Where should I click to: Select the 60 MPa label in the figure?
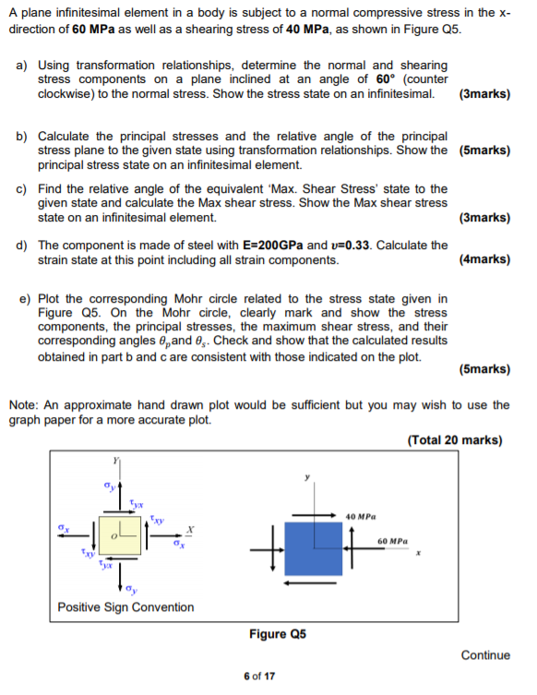[395, 541]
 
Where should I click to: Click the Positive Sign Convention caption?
[125, 607]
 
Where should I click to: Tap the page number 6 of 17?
[258, 677]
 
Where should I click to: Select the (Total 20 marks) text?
[455, 440]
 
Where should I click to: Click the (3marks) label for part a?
[484, 94]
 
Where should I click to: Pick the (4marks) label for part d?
[484, 259]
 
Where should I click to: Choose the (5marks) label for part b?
[484, 150]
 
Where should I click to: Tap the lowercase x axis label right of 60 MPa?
[417, 554]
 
